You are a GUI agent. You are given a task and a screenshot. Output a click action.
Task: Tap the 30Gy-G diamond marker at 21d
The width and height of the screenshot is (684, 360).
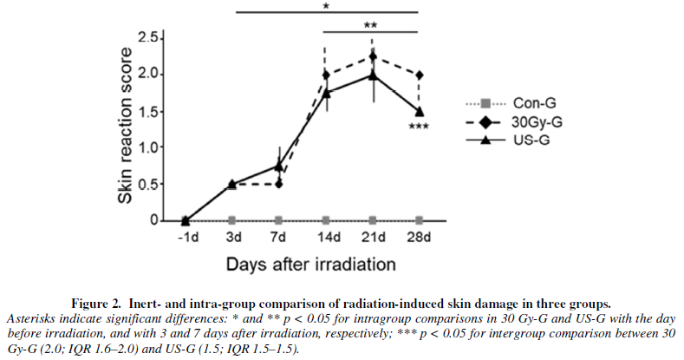[x=373, y=56]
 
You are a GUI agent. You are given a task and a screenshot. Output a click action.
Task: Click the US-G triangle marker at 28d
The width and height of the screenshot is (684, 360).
[x=420, y=112]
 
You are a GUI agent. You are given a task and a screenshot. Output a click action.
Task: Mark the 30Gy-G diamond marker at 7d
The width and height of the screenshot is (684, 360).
[x=279, y=183]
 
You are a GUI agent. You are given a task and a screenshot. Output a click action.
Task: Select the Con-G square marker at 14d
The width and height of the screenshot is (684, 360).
[x=326, y=220]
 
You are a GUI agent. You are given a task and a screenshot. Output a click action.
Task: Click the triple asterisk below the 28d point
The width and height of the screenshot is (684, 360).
[x=420, y=128]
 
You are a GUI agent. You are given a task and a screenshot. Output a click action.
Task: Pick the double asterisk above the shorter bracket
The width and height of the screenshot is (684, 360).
[x=371, y=26]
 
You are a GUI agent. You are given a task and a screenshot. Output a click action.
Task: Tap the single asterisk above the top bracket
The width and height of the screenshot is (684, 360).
[x=325, y=7]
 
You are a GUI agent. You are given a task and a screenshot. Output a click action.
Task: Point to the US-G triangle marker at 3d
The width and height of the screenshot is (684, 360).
[x=232, y=183]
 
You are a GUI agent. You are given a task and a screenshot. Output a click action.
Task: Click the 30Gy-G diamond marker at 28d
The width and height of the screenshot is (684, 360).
[x=420, y=75]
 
